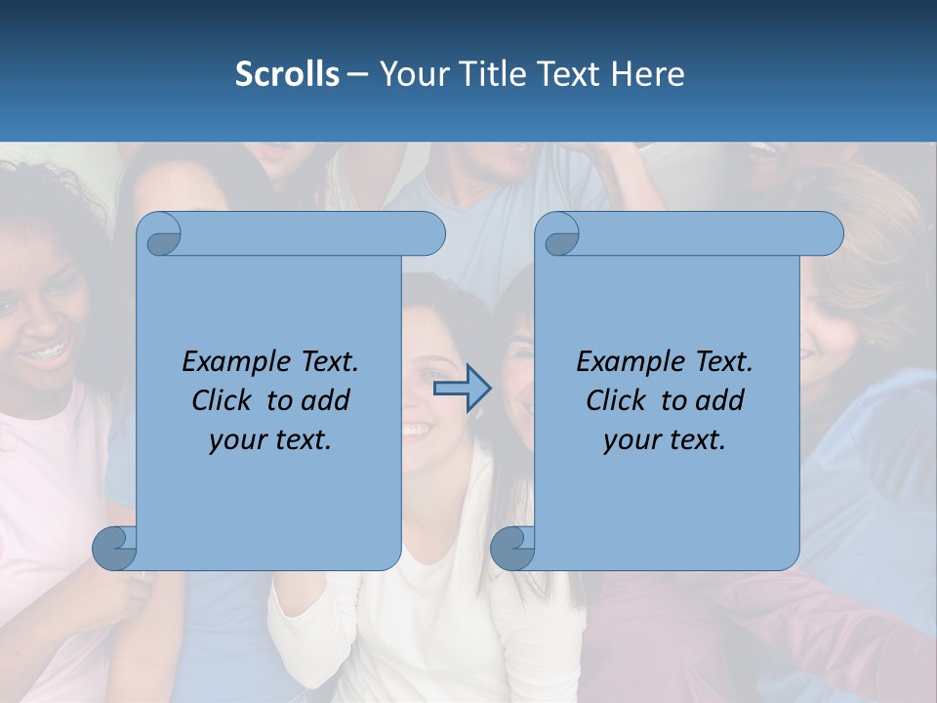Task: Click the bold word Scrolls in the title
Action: (287, 74)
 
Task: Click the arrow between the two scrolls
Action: (462, 390)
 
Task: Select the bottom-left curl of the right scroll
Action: (512, 547)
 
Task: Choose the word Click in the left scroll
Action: (224, 400)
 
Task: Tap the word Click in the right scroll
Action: (618, 400)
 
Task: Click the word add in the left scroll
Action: (327, 400)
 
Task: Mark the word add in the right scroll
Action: (721, 400)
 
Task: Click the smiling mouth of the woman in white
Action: (418, 429)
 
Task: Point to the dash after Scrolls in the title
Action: (358, 75)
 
